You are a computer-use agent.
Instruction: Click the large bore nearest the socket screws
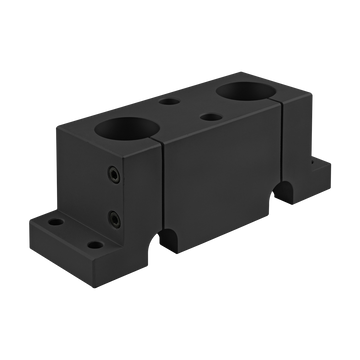click(x=125, y=132)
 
